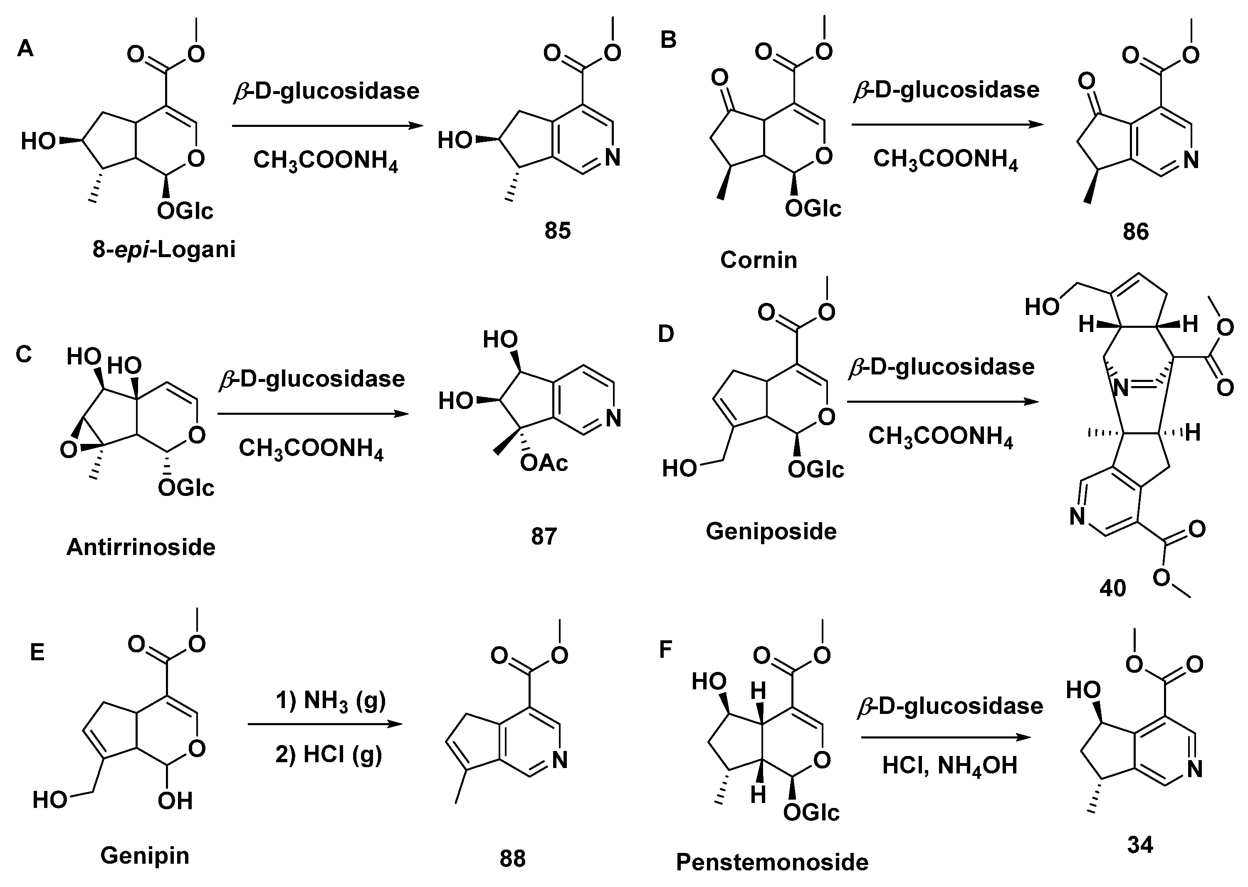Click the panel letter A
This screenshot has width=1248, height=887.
point(25,49)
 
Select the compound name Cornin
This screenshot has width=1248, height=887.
point(758,260)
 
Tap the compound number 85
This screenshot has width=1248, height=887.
point(557,231)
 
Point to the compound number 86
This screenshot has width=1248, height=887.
point(1136,232)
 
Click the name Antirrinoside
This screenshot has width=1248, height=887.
point(141,547)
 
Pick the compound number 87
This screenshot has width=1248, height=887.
point(544,537)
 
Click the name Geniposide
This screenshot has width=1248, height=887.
point(771,531)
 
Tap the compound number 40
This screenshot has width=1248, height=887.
point(1112,588)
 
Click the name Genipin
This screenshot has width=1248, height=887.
point(145,855)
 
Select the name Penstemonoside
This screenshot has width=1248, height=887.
point(772,862)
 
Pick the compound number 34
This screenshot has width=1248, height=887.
point(1140,845)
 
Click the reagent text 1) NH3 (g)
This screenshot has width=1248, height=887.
point(330,700)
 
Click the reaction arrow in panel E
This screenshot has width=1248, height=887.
point(325,724)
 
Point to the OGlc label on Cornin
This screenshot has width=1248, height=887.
point(813,208)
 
